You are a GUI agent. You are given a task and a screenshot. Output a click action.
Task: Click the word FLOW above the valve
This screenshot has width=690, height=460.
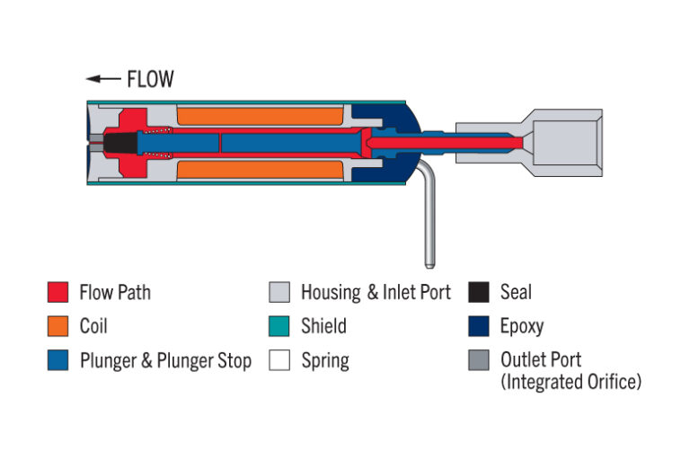150,79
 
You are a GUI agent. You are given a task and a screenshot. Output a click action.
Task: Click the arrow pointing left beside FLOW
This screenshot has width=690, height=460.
103,79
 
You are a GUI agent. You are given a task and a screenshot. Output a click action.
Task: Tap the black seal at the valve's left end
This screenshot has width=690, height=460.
117,143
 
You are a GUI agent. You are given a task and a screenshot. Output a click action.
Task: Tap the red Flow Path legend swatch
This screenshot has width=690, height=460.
57,292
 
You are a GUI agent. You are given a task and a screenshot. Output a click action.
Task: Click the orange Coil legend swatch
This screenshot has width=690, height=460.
57,326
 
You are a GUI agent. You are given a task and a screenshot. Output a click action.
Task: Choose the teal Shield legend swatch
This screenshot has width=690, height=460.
279,326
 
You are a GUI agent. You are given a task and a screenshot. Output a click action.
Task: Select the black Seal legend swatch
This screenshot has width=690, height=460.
478,292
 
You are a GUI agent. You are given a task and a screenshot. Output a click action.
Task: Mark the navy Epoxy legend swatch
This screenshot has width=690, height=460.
478,326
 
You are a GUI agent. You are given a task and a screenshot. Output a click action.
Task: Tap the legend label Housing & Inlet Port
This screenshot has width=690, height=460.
376,292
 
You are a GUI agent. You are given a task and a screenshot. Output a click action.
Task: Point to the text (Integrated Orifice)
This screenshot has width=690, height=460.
571,382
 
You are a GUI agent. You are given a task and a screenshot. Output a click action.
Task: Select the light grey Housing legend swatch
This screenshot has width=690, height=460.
279,292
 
